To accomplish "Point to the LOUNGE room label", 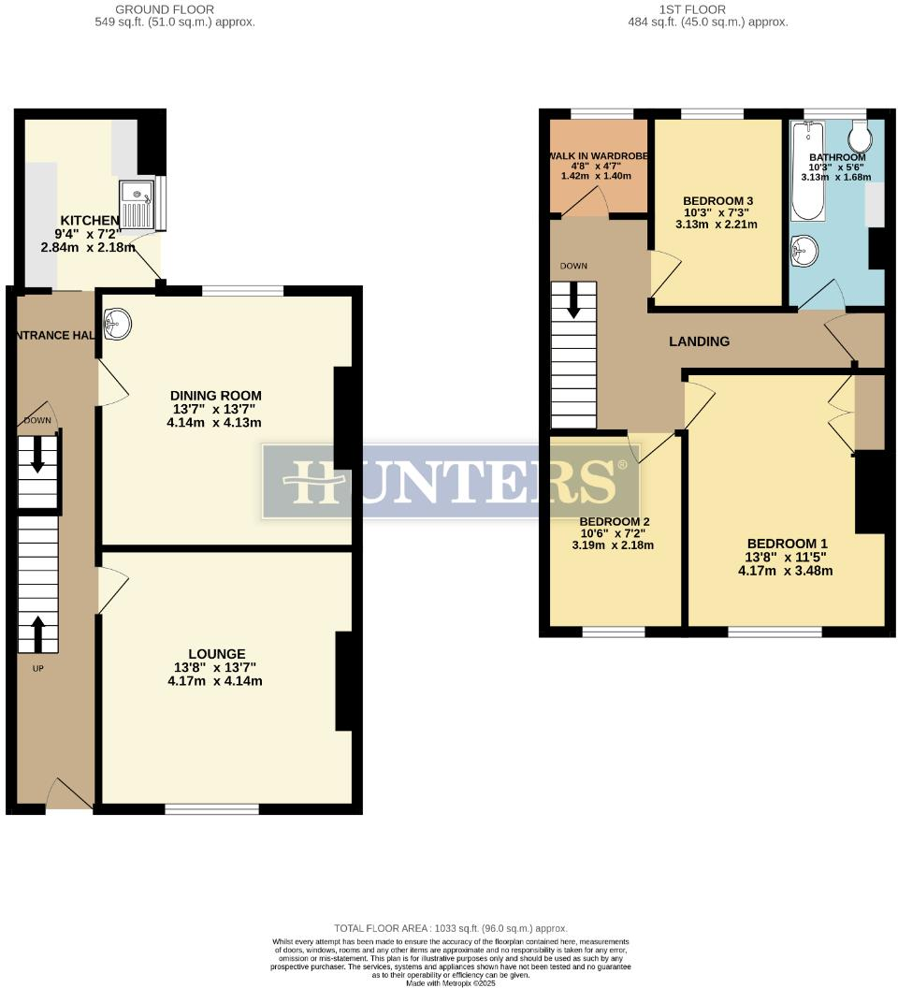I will tap(216, 654).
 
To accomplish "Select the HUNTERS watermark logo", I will tap(450, 482).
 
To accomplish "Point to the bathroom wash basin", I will tap(804, 250).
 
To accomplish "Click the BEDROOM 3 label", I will tap(717, 201).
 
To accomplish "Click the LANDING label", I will tap(699, 341).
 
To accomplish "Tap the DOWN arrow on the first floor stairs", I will tap(573, 299).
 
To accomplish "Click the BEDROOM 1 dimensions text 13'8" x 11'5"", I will tap(786, 558).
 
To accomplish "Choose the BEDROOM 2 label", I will tap(615, 522).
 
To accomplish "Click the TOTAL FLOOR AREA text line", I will tap(450, 928).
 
